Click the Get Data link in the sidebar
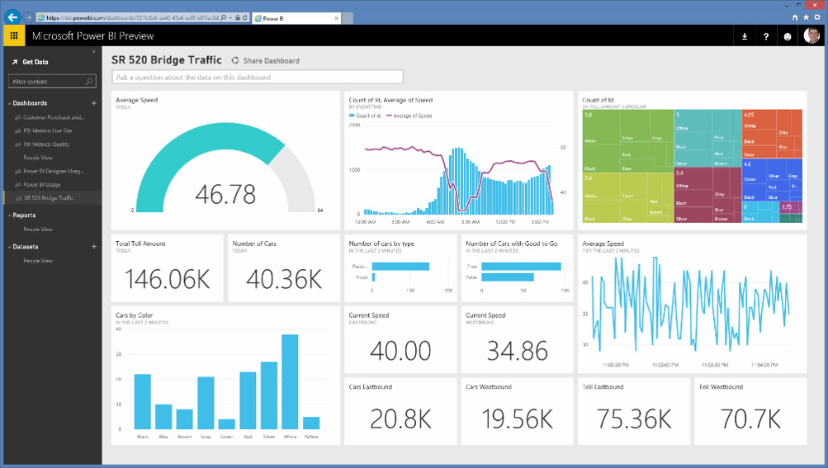pyautogui.click(x=35, y=62)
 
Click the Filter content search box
pyautogui.click(x=52, y=82)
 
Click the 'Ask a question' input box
pyautogui.click(x=257, y=78)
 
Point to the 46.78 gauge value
pyautogui.click(x=225, y=194)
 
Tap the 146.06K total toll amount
pyautogui.click(x=168, y=279)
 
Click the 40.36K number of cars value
pyautogui.click(x=284, y=279)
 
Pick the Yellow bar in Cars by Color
pyautogui.click(x=310, y=423)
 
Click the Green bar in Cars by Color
pyautogui.click(x=225, y=423)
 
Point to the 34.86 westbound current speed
pyautogui.click(x=516, y=351)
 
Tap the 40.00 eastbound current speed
pyautogui.click(x=400, y=351)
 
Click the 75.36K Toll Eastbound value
pyautogui.click(x=633, y=419)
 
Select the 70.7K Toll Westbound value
pyautogui.click(x=750, y=419)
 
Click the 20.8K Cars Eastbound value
pyautogui.click(x=400, y=419)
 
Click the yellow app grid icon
pyautogui.click(x=14, y=35)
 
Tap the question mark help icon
pyautogui.click(x=766, y=36)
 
